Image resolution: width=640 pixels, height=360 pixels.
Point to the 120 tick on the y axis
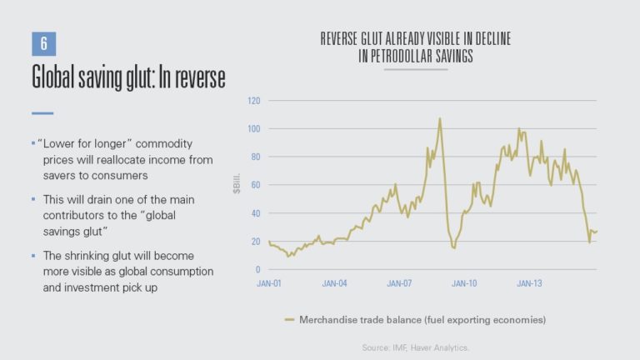point(253,101)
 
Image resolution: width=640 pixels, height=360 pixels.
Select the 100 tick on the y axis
point(253,129)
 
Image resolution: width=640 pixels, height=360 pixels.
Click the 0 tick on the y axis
point(257,270)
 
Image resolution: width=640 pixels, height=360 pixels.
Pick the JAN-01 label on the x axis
point(271,283)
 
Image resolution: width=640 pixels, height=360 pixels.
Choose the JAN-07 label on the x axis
point(401,283)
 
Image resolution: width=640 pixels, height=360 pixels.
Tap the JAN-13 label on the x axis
point(531,283)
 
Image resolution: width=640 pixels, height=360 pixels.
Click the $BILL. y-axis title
point(237,185)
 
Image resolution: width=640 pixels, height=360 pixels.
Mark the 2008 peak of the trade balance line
point(439,118)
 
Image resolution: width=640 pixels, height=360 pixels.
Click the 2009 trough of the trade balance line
point(453,247)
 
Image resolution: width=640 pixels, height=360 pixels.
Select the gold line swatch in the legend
point(290,319)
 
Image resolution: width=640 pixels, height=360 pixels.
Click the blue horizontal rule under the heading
point(42,112)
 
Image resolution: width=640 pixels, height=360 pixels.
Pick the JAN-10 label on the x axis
point(466,283)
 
